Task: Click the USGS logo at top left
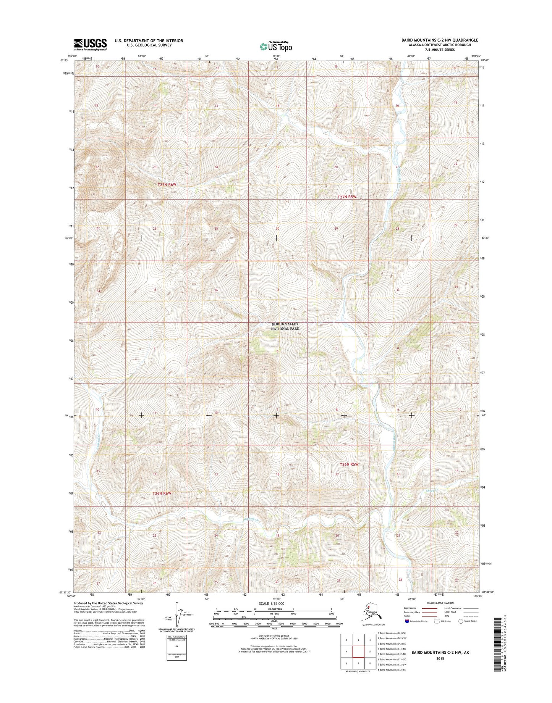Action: click(x=90, y=44)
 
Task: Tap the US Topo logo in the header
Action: click(x=276, y=46)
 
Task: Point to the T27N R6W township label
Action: click(x=167, y=184)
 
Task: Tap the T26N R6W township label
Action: click(x=162, y=493)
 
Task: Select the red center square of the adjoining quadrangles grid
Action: click(x=358, y=652)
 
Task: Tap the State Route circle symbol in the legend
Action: click(x=461, y=621)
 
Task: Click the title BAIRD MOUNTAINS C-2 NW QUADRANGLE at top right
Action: click(x=439, y=40)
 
